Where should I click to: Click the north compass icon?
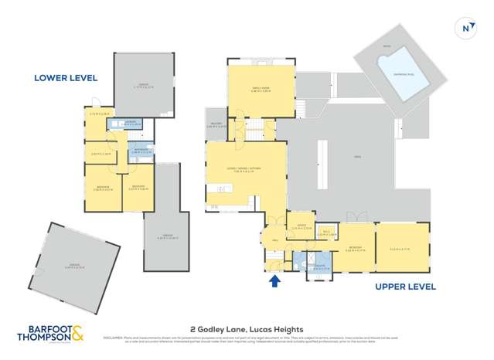point(466,28)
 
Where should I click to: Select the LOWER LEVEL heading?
point(66,78)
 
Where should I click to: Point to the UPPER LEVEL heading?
point(405,287)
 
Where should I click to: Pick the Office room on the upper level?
point(302,228)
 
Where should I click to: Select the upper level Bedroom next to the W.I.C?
point(356,250)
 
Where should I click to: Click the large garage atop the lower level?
point(141,86)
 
